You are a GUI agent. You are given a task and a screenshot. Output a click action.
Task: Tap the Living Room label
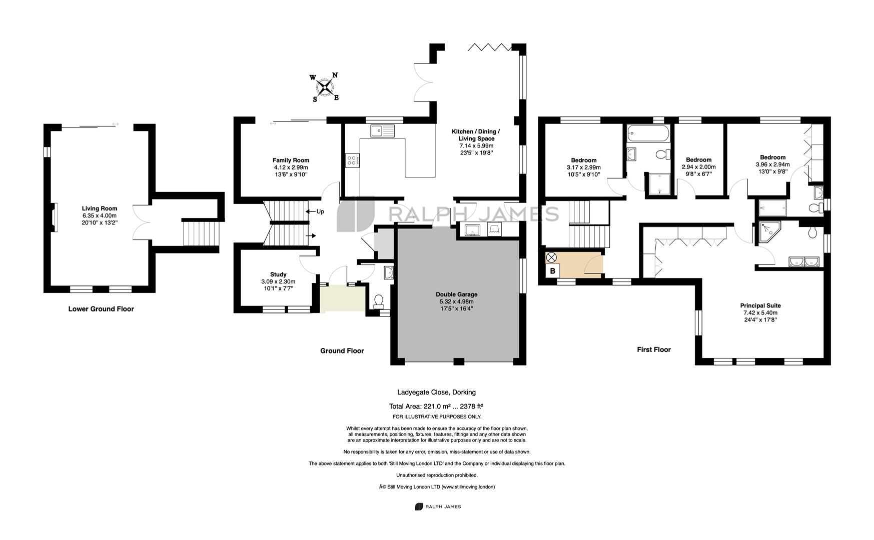point(100,208)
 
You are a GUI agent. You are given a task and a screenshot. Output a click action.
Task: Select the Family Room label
point(291,160)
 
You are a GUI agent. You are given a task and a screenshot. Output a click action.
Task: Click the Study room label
point(278,274)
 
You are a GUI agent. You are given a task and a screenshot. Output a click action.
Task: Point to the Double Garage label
point(456,294)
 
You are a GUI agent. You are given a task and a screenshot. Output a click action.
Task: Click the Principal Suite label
point(760,305)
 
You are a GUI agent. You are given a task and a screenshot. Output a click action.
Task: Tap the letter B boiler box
point(552,271)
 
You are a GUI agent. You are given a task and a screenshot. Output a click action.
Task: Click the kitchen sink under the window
point(382,131)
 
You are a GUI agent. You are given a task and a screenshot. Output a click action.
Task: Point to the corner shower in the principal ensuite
point(768,232)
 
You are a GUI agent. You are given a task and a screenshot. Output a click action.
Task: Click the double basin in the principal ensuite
point(803,261)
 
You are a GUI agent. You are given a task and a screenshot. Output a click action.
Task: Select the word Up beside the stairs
point(320,211)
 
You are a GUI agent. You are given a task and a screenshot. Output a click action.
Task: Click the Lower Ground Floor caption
point(101,309)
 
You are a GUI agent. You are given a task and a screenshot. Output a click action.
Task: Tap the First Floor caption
point(653,349)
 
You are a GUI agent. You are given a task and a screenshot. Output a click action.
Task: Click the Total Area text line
point(436,406)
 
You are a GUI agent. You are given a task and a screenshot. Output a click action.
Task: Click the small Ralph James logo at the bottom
point(438,506)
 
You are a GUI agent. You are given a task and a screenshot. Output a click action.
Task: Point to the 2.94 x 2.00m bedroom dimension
point(698,167)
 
